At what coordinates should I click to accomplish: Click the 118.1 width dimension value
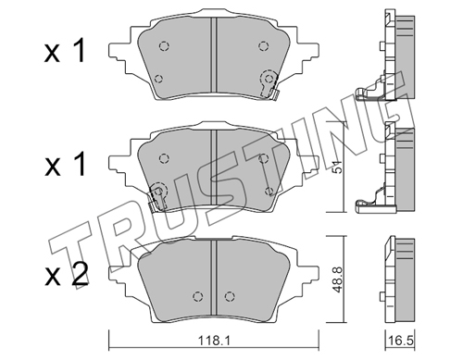[x=213, y=341]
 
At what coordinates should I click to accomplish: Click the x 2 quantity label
[x=66, y=275]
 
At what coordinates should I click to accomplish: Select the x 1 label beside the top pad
[x=65, y=52]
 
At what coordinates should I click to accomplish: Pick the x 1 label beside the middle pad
[x=65, y=166]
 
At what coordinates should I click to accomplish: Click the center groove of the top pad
[x=214, y=55]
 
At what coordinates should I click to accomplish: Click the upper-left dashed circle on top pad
[x=164, y=46]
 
